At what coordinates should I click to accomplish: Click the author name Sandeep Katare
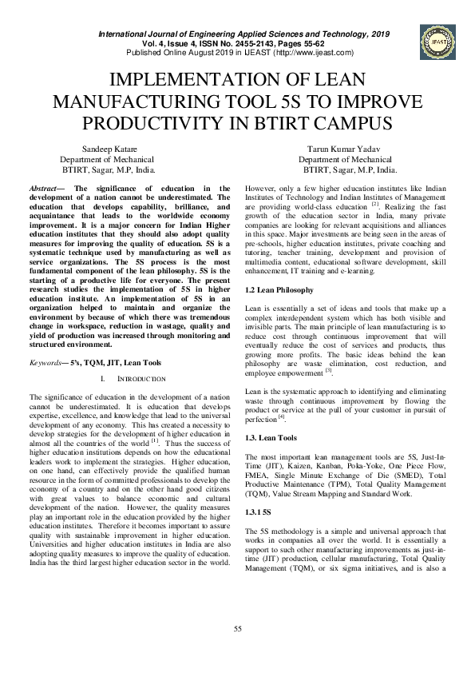pos(109,149)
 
